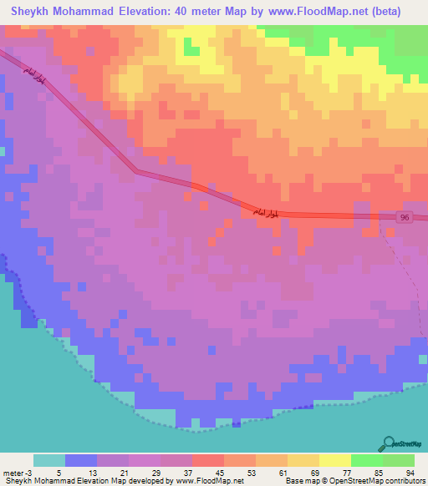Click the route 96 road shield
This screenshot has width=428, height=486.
pyautogui.click(x=405, y=217)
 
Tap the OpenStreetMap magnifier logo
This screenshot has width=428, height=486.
pyautogui.click(x=390, y=444)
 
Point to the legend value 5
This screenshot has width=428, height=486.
pyautogui.click(x=59, y=473)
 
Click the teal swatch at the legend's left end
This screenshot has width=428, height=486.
pyautogui.click(x=48, y=460)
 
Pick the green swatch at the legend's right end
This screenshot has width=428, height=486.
pyautogui.click(x=398, y=460)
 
